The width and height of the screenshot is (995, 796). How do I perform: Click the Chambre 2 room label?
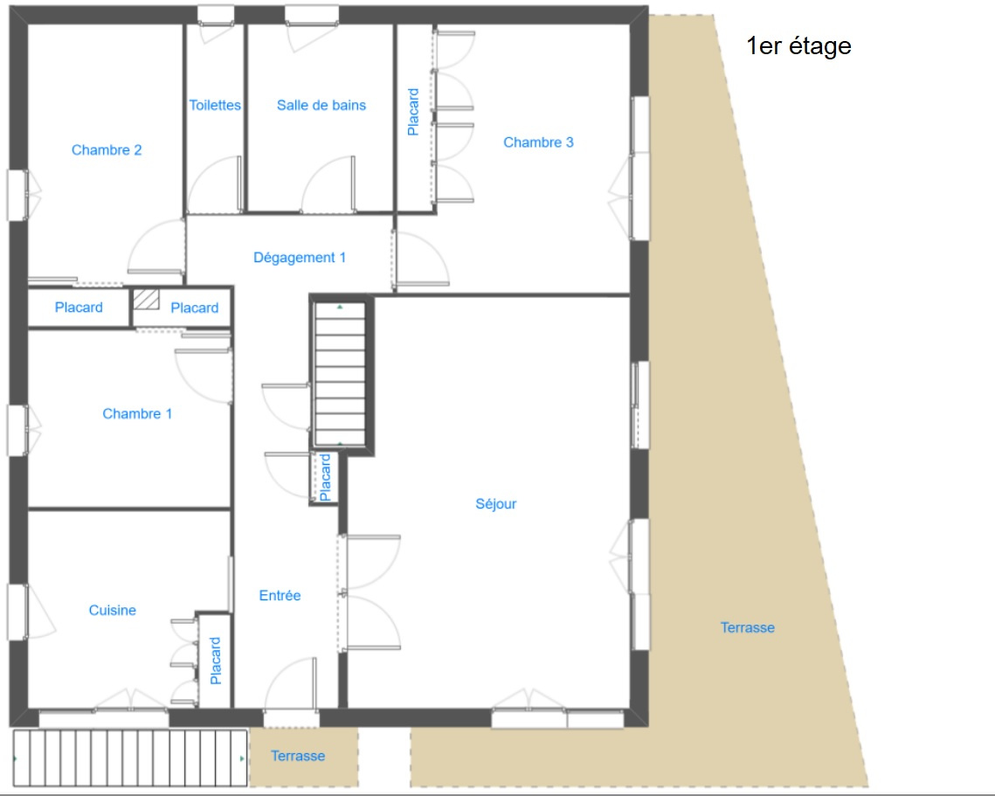[107, 149]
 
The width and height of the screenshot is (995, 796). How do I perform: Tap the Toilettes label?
[215, 106]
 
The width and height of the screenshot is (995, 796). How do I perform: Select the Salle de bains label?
[321, 106]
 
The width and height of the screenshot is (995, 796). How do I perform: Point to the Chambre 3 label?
[538, 142]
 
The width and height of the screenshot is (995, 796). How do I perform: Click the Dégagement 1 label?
[300, 258]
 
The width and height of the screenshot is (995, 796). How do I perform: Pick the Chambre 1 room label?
[137, 414]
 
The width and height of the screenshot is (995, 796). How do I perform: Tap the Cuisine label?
[113, 610]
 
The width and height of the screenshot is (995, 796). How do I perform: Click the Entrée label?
[280, 595]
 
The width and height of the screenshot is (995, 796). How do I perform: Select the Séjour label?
[495, 504]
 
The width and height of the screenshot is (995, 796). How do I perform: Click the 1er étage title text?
[798, 46]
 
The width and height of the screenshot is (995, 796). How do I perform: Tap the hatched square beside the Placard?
[146, 300]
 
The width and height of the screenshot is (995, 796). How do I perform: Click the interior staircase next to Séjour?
[340, 375]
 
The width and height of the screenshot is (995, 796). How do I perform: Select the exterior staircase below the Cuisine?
[130, 758]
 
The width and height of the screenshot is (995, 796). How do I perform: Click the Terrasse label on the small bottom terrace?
[298, 756]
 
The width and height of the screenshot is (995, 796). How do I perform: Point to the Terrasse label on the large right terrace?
[748, 627]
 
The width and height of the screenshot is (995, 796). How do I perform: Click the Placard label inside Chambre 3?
[413, 112]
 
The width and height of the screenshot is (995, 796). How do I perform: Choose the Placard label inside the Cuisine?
[216, 661]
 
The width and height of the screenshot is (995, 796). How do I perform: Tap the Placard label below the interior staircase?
[325, 477]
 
